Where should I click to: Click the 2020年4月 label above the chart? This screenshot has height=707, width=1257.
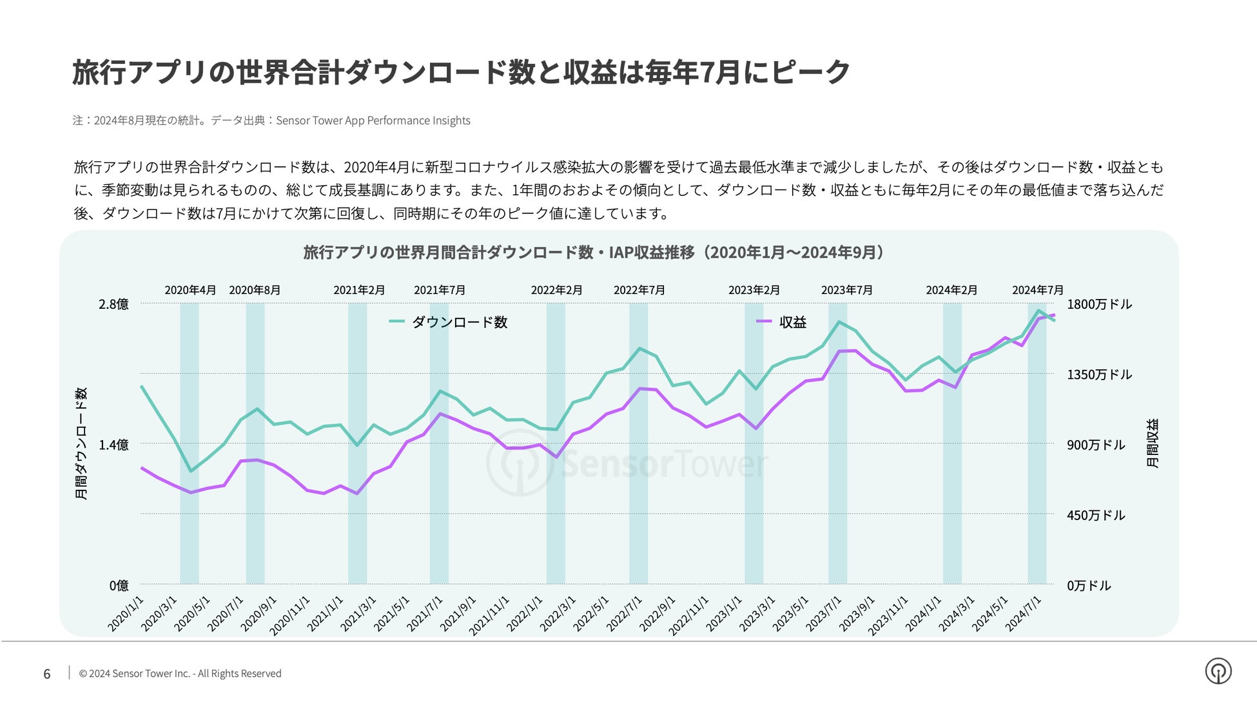click(x=190, y=290)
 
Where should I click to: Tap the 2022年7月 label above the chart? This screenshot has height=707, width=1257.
click(x=639, y=290)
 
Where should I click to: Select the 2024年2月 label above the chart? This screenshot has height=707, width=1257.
click(x=951, y=290)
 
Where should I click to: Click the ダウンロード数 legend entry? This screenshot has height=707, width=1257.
click(x=459, y=322)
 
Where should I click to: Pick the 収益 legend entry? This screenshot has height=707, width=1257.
click(x=792, y=322)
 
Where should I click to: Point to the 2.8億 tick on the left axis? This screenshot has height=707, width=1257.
click(x=113, y=304)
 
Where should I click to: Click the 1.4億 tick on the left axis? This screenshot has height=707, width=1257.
click(x=113, y=445)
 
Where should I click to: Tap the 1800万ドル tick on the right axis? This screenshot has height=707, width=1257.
click(x=1099, y=304)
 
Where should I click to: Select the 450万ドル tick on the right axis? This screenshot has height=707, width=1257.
click(x=1095, y=515)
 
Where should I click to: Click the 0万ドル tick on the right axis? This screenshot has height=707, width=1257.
click(x=1089, y=585)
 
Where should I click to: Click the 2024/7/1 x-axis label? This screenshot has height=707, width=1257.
click(x=1024, y=613)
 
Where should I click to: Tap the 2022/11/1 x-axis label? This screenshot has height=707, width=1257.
click(x=689, y=615)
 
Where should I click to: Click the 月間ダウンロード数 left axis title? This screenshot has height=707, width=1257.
click(x=81, y=443)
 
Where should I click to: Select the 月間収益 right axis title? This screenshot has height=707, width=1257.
click(x=1153, y=443)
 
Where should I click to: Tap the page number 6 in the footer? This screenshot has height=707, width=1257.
click(x=47, y=674)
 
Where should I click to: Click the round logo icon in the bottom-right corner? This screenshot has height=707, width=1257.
click(x=1218, y=671)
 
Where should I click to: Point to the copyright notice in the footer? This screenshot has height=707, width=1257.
click(x=180, y=673)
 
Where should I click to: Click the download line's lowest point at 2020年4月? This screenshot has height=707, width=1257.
click(x=190, y=471)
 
